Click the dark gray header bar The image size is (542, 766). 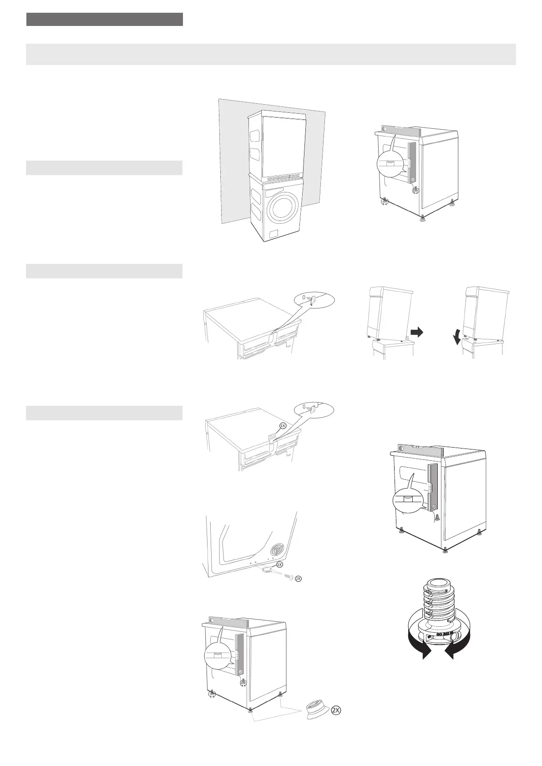pyautogui.click(x=104, y=20)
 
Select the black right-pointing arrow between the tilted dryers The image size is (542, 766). pyautogui.click(x=416, y=333)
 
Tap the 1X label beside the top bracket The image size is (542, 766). pyautogui.click(x=282, y=426)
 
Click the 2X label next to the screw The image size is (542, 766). pyautogui.click(x=298, y=579)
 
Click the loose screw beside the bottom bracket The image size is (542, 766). pyautogui.click(x=288, y=576)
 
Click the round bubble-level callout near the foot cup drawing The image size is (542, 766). pyautogui.click(x=217, y=655)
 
